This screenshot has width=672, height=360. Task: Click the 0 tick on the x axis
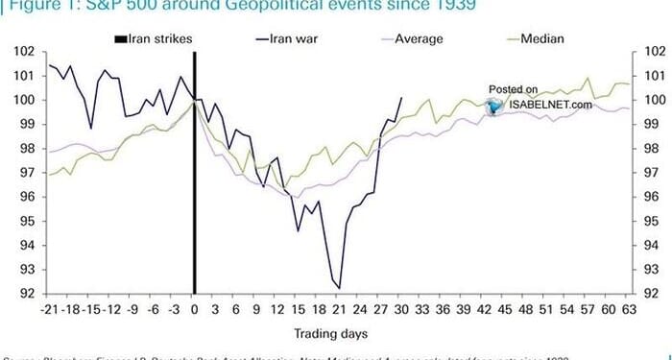click(194, 310)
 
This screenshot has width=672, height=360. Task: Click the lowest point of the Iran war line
click(339, 287)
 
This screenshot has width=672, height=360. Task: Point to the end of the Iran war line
click(401, 97)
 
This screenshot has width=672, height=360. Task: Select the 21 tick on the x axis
click(338, 310)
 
